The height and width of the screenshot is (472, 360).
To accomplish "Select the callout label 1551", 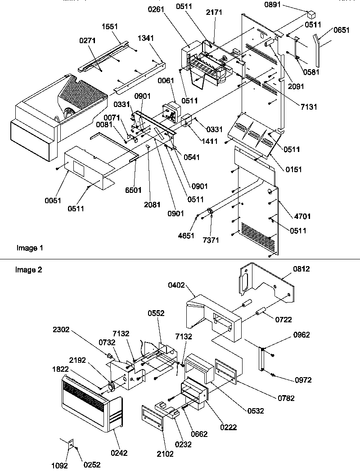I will [110, 27].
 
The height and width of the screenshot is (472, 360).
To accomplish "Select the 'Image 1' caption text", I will [30, 248].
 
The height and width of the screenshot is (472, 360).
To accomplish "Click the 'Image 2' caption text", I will [28, 270].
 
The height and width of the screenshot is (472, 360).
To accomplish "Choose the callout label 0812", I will [302, 269].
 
